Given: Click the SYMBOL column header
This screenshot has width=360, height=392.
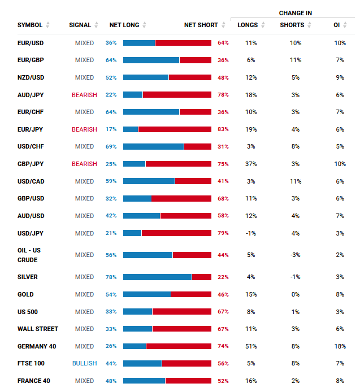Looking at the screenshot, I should (x=29, y=25).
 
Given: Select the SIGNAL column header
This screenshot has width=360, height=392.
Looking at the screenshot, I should (x=80, y=25).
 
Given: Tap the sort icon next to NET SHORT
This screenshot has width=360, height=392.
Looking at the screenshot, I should (x=224, y=25).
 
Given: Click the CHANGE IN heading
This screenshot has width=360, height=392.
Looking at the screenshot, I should (x=295, y=13).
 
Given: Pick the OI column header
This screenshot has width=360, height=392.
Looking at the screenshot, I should (x=336, y=25).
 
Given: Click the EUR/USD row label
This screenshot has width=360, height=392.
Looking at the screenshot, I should (x=30, y=43).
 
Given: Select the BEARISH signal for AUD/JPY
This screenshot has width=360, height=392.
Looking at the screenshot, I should (x=84, y=95).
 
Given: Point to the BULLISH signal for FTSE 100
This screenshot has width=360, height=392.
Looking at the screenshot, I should (x=84, y=363).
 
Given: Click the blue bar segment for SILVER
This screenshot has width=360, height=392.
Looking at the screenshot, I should (x=157, y=277).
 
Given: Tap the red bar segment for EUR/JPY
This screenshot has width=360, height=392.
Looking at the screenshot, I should (x=175, y=129).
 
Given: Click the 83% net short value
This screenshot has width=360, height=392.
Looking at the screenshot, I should (x=223, y=129).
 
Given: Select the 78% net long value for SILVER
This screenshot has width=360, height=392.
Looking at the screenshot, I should (x=111, y=277).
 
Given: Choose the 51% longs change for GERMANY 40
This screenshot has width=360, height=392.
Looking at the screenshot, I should (x=251, y=346).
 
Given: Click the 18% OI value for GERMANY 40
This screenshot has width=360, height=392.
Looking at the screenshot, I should (x=339, y=346).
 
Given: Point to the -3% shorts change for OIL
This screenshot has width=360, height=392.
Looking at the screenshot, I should (x=296, y=255).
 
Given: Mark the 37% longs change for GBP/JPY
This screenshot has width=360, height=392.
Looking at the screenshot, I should (x=251, y=164).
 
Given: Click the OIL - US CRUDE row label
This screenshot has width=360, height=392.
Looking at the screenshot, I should (x=29, y=255).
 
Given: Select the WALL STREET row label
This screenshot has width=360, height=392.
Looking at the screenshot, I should (x=38, y=329).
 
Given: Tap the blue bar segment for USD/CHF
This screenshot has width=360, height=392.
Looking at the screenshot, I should (x=153, y=146).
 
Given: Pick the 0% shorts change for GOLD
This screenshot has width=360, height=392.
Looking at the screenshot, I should (x=296, y=294).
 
